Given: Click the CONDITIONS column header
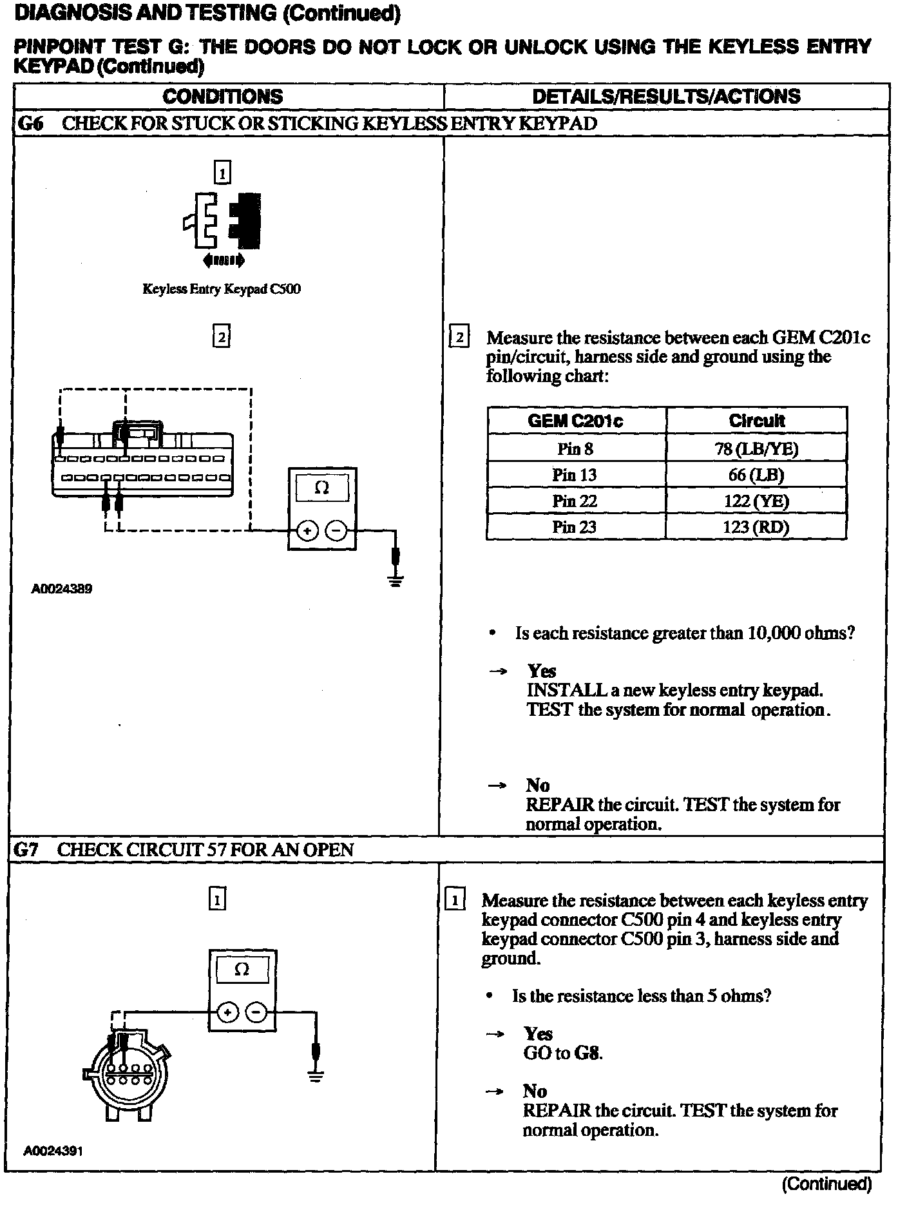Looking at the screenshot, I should tap(222, 97).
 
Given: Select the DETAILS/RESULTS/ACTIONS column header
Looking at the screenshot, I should tap(666, 97).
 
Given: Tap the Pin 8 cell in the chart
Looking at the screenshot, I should tap(575, 448).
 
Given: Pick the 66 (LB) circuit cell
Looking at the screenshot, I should tap(756, 475).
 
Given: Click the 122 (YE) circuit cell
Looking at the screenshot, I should tap(756, 501).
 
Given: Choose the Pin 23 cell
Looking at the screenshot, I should tap(575, 526).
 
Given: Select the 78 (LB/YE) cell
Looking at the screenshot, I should tap(756, 448).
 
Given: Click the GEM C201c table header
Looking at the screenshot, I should tap(575, 421).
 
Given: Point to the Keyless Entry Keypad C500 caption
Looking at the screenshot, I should tap(222, 289).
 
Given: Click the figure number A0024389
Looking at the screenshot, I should tap(62, 588).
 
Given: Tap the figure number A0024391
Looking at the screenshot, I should tap(53, 1151).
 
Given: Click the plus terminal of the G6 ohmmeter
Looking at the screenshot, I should tap(307, 531).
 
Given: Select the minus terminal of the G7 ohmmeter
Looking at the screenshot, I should tap(256, 1013).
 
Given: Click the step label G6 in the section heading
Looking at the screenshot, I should tap(29, 123).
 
